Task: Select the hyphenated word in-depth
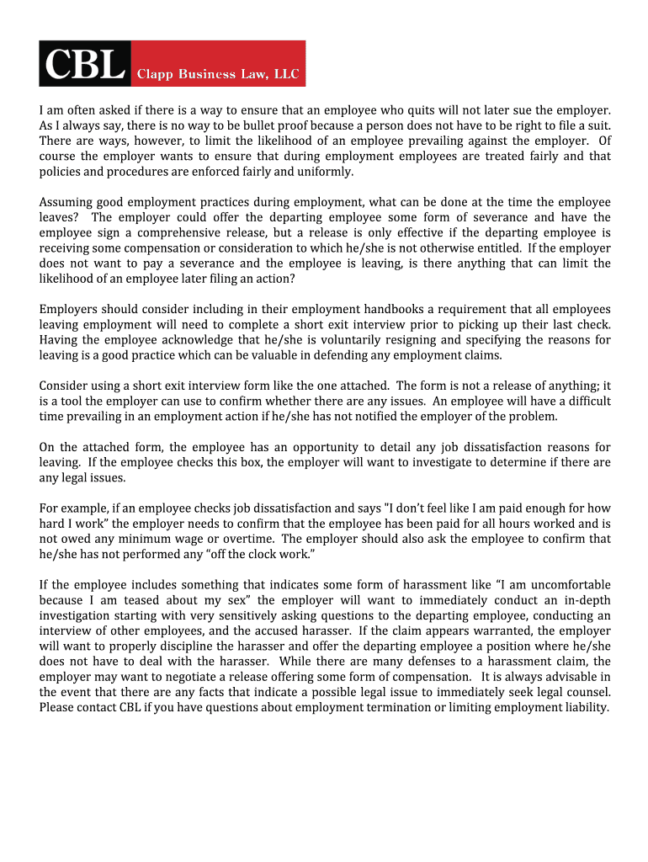(587, 600)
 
